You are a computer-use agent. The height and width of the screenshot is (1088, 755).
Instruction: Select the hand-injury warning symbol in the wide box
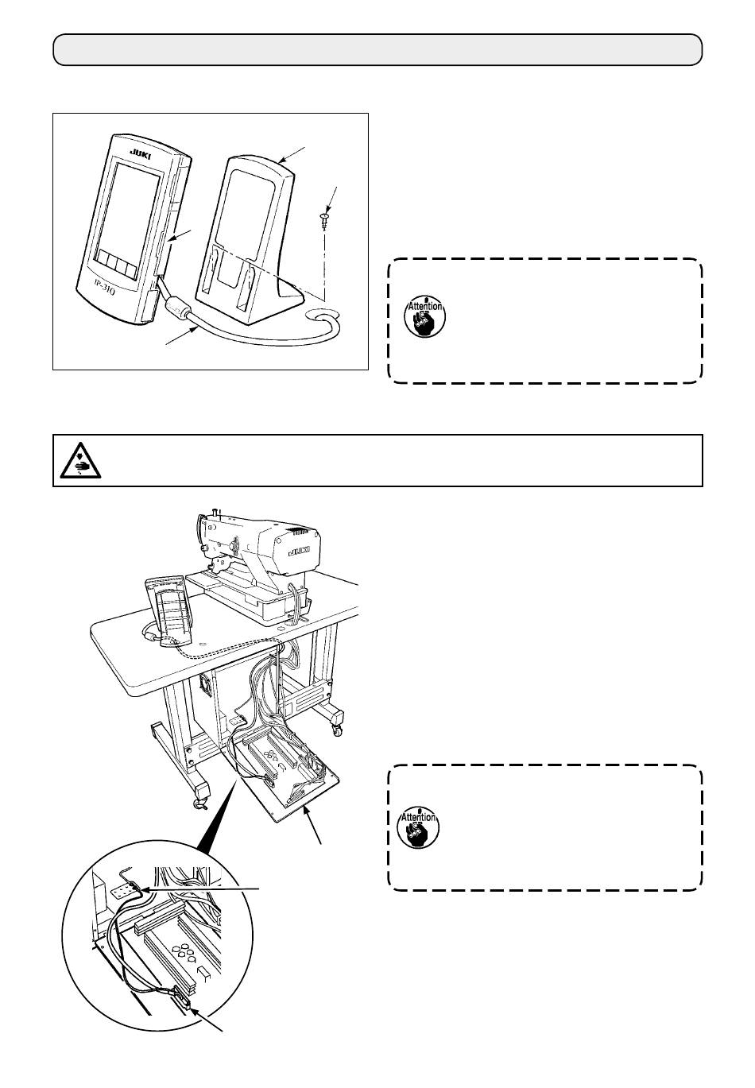(79, 459)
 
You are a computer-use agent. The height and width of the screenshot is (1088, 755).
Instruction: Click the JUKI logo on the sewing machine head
(298, 550)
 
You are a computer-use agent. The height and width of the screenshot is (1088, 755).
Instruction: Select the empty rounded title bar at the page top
(377, 49)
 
